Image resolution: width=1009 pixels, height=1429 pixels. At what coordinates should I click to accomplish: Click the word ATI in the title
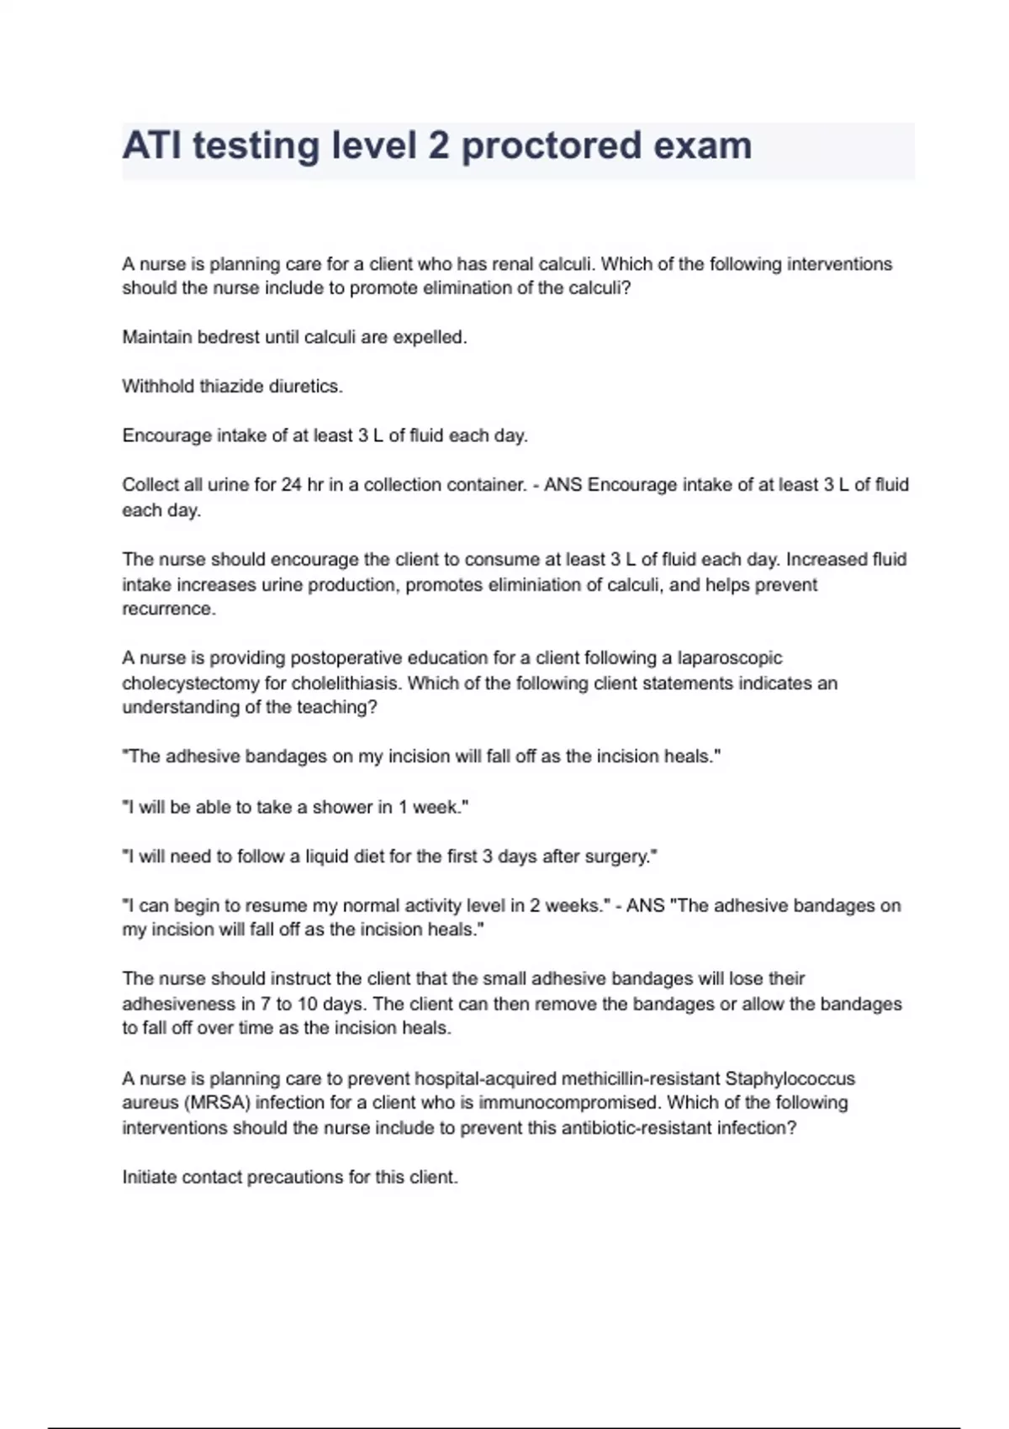tap(151, 146)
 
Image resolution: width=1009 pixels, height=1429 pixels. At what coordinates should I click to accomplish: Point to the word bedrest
tap(228, 337)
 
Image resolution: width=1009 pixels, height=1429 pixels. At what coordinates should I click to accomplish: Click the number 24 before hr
tap(292, 485)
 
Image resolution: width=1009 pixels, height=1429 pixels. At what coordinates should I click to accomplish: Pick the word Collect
tap(149, 485)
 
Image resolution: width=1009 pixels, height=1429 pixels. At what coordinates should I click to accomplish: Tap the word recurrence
tap(169, 609)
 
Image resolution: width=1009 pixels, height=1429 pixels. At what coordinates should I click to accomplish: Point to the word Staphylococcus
tap(790, 1078)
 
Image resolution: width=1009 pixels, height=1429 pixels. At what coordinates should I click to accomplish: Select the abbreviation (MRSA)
tap(211, 1103)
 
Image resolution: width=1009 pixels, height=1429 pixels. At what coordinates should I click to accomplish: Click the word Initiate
tap(149, 1177)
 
